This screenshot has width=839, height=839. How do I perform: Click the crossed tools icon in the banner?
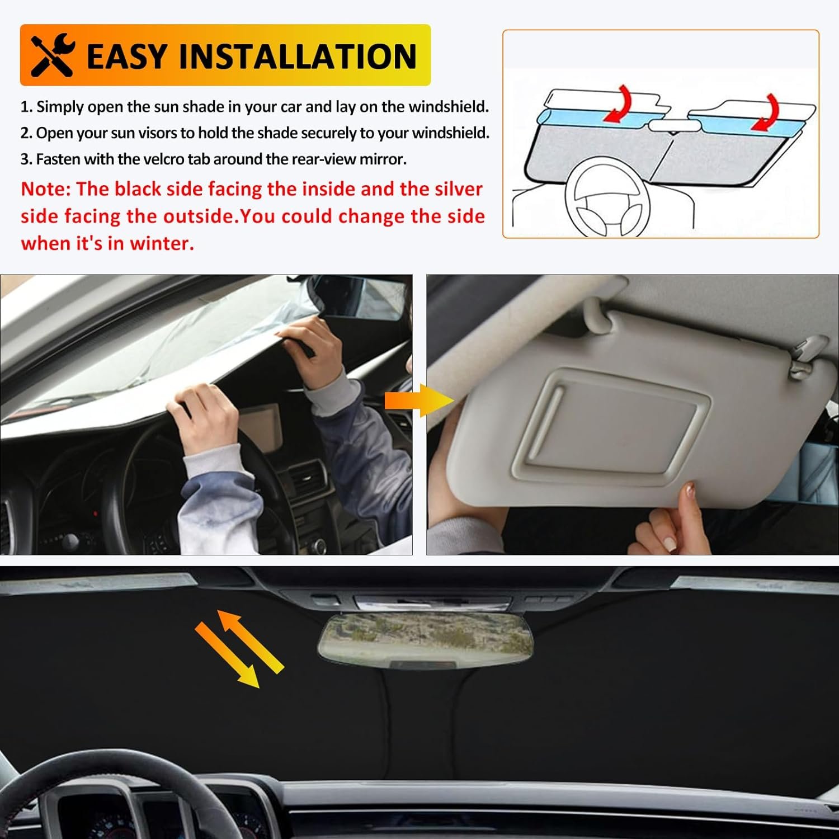53,55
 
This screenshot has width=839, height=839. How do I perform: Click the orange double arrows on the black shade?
239,649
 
